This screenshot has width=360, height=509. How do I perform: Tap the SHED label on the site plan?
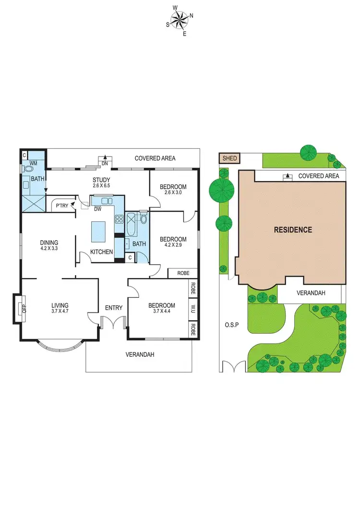tap(228, 158)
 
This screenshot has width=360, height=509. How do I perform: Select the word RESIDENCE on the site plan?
tap(293, 230)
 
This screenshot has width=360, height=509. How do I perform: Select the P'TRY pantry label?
tap(62, 206)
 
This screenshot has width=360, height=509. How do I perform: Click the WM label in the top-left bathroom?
tap(33, 163)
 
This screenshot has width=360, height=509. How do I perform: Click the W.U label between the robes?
tap(193, 307)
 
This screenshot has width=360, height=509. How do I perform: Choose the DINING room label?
tap(49, 242)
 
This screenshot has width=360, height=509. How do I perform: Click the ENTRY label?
tap(114, 308)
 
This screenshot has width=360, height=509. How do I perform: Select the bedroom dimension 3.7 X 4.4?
tap(162, 312)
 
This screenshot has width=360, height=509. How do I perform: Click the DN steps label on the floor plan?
tap(105, 163)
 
